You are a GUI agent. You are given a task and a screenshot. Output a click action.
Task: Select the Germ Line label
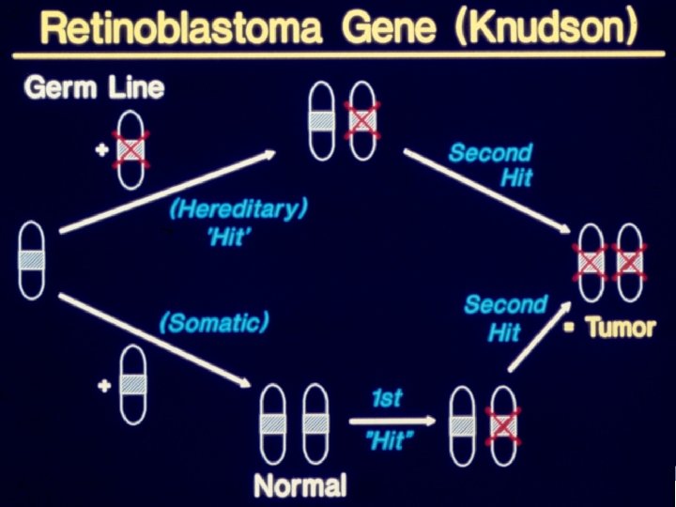[x=94, y=89]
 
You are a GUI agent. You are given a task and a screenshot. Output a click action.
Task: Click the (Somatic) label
[x=214, y=324]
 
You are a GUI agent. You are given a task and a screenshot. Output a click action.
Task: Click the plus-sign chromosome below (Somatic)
[x=132, y=385]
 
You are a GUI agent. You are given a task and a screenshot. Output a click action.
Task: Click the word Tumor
[x=621, y=328]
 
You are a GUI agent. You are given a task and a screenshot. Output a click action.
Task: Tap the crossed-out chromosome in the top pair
[x=361, y=120]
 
